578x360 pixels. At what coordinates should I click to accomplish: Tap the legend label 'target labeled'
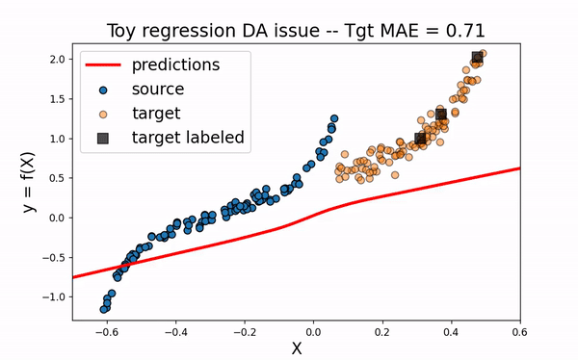tap(188, 138)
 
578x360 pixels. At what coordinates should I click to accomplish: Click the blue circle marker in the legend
tap(103, 90)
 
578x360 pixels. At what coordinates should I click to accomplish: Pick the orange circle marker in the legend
tap(103, 114)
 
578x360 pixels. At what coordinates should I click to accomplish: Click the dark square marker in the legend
tap(103, 138)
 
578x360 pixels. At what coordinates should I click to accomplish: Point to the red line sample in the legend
tap(103, 65)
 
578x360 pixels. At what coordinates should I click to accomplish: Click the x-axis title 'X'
tap(297, 347)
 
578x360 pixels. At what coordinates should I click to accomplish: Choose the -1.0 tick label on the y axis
tap(52, 296)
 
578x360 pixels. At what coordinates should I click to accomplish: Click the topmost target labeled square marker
tap(477, 58)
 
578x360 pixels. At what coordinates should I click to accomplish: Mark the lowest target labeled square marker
tap(420, 139)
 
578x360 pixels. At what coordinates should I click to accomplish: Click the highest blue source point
tap(334, 119)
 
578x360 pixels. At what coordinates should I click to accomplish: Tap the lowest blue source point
tap(104, 309)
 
